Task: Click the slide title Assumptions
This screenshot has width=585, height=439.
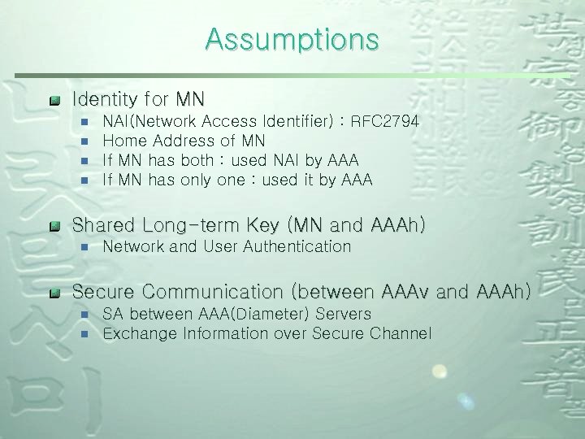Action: click(292, 39)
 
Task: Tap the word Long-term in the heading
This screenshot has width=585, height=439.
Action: click(193, 224)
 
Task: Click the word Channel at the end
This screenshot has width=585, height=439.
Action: click(403, 333)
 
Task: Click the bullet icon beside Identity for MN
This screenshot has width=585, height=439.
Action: click(54, 101)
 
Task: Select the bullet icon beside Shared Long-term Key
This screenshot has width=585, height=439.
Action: click(54, 226)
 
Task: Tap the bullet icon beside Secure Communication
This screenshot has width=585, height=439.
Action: click(54, 293)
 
